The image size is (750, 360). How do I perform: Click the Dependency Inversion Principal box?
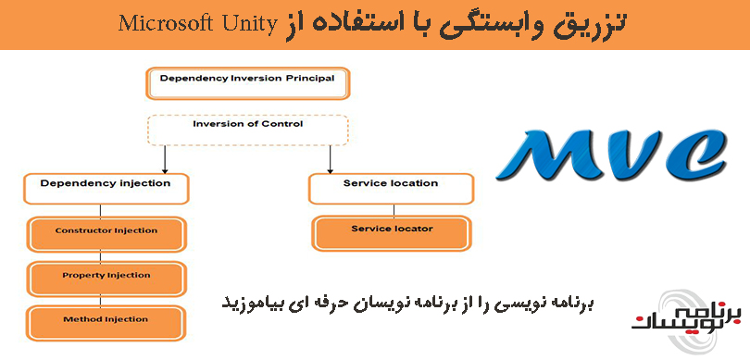pos(247,82)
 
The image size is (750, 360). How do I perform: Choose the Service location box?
pos(390,187)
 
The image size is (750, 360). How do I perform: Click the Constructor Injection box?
pos(106,231)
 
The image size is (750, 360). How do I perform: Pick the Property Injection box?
pos(106,276)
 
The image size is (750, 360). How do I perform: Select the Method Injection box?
pos(106,320)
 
